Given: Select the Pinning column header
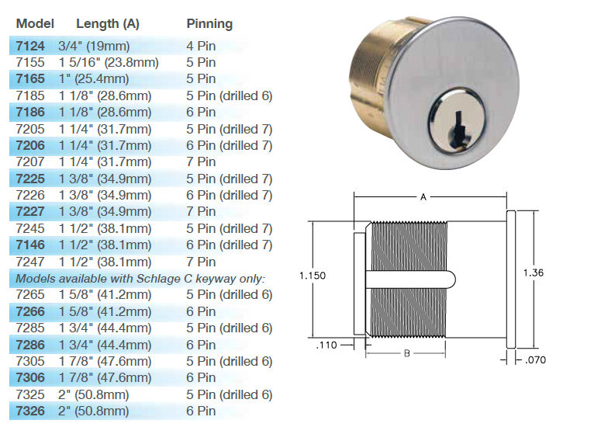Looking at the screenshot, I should (209, 23).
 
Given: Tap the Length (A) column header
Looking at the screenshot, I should (107, 23).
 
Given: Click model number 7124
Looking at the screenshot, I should (30, 46).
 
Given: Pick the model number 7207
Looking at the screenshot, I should (30, 161).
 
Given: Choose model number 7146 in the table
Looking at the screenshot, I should (30, 245).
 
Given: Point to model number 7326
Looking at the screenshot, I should (30, 411).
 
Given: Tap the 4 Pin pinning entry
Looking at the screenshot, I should (201, 46).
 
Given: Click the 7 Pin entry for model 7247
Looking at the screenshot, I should (201, 261).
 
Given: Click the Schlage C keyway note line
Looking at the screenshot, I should (140, 278).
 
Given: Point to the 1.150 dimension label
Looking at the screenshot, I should (313, 274).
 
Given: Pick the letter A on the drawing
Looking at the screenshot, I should (423, 197).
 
